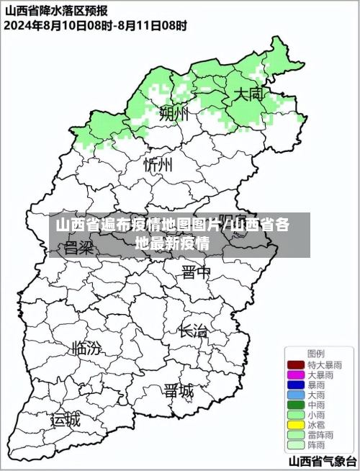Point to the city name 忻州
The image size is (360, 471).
[158, 165]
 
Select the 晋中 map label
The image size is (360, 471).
[196, 272]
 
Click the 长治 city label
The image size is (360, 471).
[192, 331]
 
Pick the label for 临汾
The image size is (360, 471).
[86, 349]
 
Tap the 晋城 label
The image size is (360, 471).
[178, 391]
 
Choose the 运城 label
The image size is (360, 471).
[66, 419]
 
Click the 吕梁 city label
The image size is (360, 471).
[79, 248]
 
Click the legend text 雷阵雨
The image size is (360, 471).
[321, 436]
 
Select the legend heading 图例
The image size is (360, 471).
[315, 354]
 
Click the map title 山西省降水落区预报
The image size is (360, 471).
[57, 11]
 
